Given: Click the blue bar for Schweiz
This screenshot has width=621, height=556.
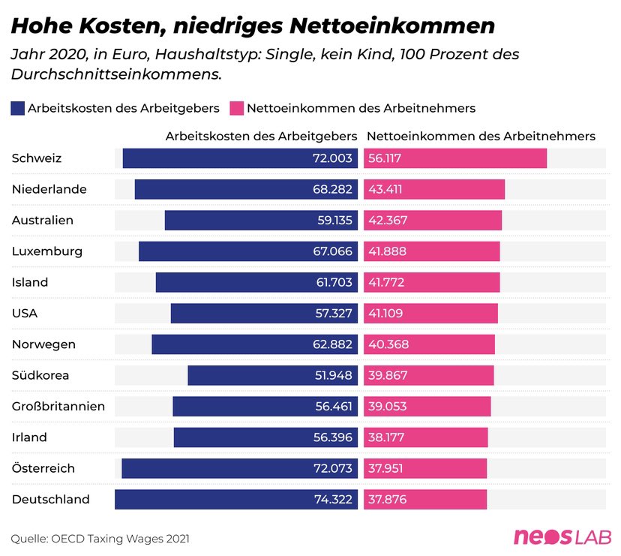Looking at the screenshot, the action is click(240, 158).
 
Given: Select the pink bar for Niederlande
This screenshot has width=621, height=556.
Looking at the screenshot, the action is click(434, 189).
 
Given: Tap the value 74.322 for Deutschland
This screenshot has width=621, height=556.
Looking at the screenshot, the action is click(333, 499).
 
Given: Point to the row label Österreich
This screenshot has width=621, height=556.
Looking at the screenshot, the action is click(43, 467).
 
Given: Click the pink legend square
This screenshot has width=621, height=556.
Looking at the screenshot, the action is click(236, 108).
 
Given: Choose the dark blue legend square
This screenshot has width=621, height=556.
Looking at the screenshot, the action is click(17, 108).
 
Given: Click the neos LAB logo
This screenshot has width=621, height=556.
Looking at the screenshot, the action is click(562, 537).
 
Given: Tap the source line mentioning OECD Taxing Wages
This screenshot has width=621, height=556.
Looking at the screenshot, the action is click(100, 539).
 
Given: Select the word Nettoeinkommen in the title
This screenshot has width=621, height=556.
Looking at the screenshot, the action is click(392, 26).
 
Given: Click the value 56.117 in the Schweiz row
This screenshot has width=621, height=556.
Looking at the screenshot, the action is click(385, 158).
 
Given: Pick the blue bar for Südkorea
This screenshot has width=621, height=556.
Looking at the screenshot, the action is click(273, 375).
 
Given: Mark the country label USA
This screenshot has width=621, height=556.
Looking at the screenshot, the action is click(25, 313).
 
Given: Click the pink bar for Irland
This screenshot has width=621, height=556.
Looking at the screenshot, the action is click(426, 437).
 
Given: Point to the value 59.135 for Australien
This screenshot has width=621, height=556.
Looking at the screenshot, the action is click(334, 221).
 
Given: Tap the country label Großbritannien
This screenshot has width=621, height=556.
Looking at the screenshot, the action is click(58, 406).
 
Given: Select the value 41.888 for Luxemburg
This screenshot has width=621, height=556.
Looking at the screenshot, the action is click(387, 251).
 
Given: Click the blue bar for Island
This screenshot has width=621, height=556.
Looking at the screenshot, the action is click(256, 282).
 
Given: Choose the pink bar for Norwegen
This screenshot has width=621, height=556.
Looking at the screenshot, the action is click(429, 344).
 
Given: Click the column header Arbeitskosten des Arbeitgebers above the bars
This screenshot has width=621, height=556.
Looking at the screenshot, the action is click(262, 137).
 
